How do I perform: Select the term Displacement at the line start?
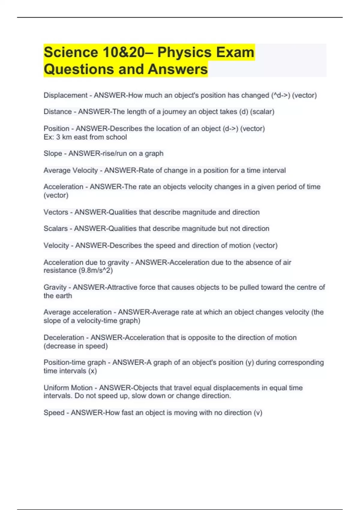pyautogui.click(x=65, y=95)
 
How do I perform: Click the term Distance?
pyautogui.click(x=58, y=112)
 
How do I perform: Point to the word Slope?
pyautogui.click(x=53, y=154)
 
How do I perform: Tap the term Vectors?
pyautogui.click(x=56, y=212)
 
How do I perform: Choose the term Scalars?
pyautogui.click(x=55, y=229)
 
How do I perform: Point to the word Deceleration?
pyautogui.click(x=64, y=337)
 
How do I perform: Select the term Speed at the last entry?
pyautogui.click(x=54, y=413)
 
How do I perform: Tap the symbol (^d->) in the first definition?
pyautogui.click(x=280, y=95)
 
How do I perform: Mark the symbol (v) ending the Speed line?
pyautogui.click(x=258, y=413)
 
